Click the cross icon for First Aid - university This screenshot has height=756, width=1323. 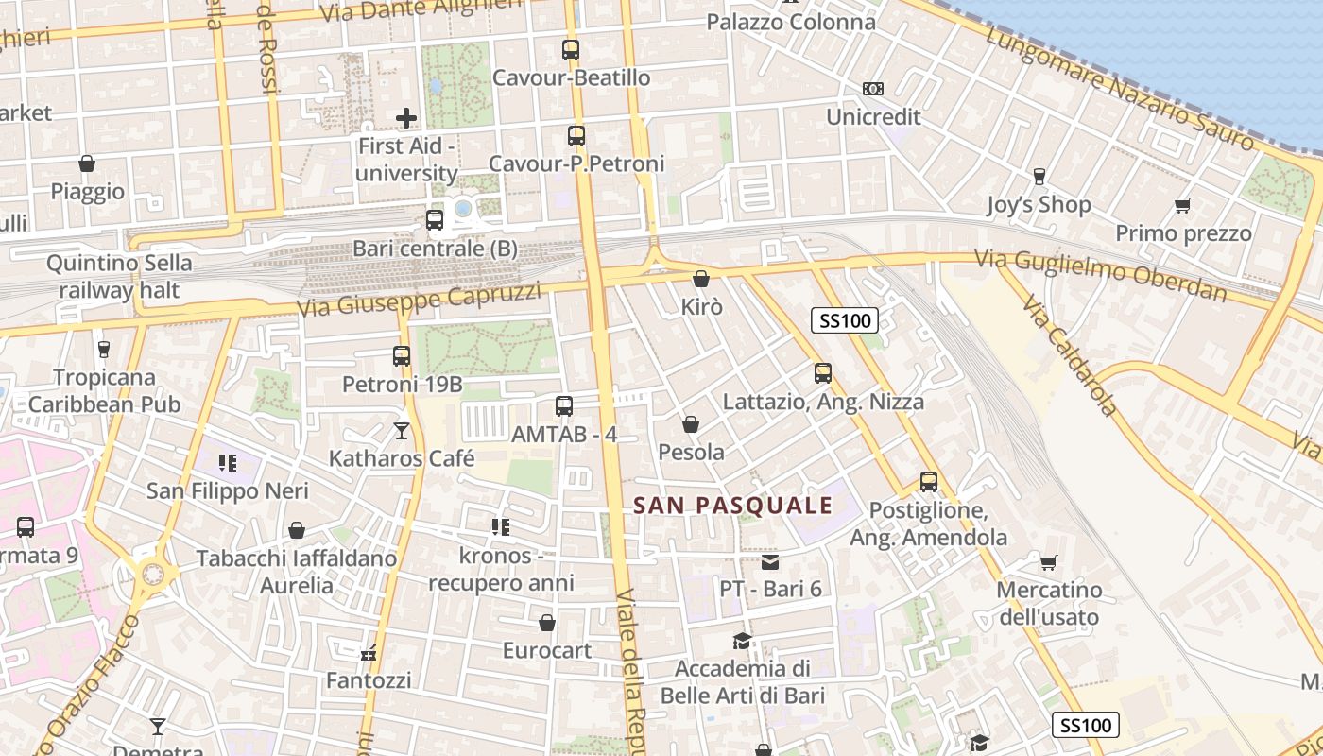[406, 118]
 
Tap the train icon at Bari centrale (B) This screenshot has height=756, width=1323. [435, 220]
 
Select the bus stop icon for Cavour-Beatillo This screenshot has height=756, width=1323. [571, 50]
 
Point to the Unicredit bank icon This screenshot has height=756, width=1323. [873, 89]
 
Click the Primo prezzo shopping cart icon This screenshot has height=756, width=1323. [1182, 205]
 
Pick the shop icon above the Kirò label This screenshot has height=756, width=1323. [701, 279]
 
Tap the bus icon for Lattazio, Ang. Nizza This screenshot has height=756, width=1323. [823, 373]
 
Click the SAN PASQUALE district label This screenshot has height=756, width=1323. [733, 506]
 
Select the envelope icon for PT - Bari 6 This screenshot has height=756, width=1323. [770, 562]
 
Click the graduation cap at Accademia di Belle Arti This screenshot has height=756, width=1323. [743, 642]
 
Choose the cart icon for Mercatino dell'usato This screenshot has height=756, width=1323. [1048, 563]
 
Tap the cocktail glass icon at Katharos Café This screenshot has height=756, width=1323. [402, 431]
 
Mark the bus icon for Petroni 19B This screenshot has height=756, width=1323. [402, 356]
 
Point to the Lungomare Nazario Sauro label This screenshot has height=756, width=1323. [1120, 88]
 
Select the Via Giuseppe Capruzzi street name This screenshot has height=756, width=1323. [420, 301]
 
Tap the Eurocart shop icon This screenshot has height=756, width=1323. [547, 623]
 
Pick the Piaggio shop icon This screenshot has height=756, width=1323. [87, 163]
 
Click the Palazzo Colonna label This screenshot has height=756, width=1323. [791, 22]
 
